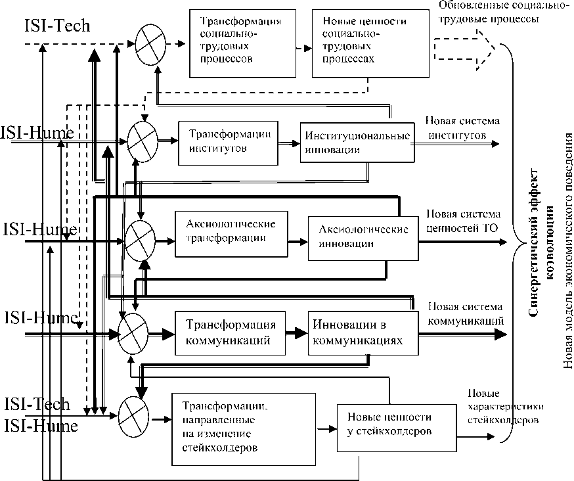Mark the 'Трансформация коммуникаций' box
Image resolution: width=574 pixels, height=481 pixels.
(230, 332)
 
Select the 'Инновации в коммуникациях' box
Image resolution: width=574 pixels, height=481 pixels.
(363, 332)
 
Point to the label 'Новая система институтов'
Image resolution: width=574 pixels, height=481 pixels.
(462, 128)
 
